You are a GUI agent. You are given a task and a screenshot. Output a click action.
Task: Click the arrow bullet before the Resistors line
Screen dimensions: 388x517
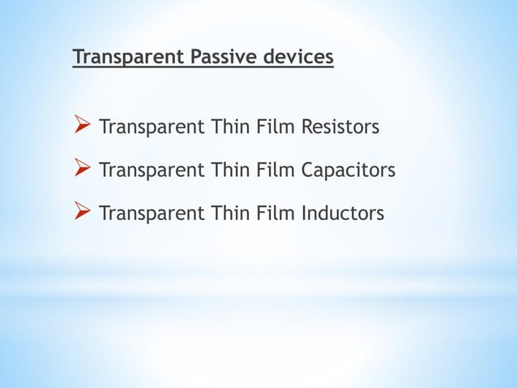[x=81, y=127]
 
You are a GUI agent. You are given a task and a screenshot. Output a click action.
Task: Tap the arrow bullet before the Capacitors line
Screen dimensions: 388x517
[x=81, y=170]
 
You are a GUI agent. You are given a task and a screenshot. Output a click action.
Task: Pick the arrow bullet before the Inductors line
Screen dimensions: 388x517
[x=81, y=213]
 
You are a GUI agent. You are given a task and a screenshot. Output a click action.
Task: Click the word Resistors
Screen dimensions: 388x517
[x=340, y=127]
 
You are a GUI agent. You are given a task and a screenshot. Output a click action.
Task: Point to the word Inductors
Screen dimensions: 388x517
[x=343, y=213]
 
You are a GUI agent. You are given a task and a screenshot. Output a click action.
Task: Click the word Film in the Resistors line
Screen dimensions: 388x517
[x=277, y=127]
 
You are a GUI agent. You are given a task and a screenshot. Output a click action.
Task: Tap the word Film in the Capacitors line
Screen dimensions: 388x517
[x=277, y=170]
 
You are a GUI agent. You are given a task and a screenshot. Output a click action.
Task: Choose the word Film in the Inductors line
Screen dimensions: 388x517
[x=277, y=213]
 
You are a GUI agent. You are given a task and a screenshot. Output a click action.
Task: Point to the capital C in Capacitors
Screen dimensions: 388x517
[x=309, y=170]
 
